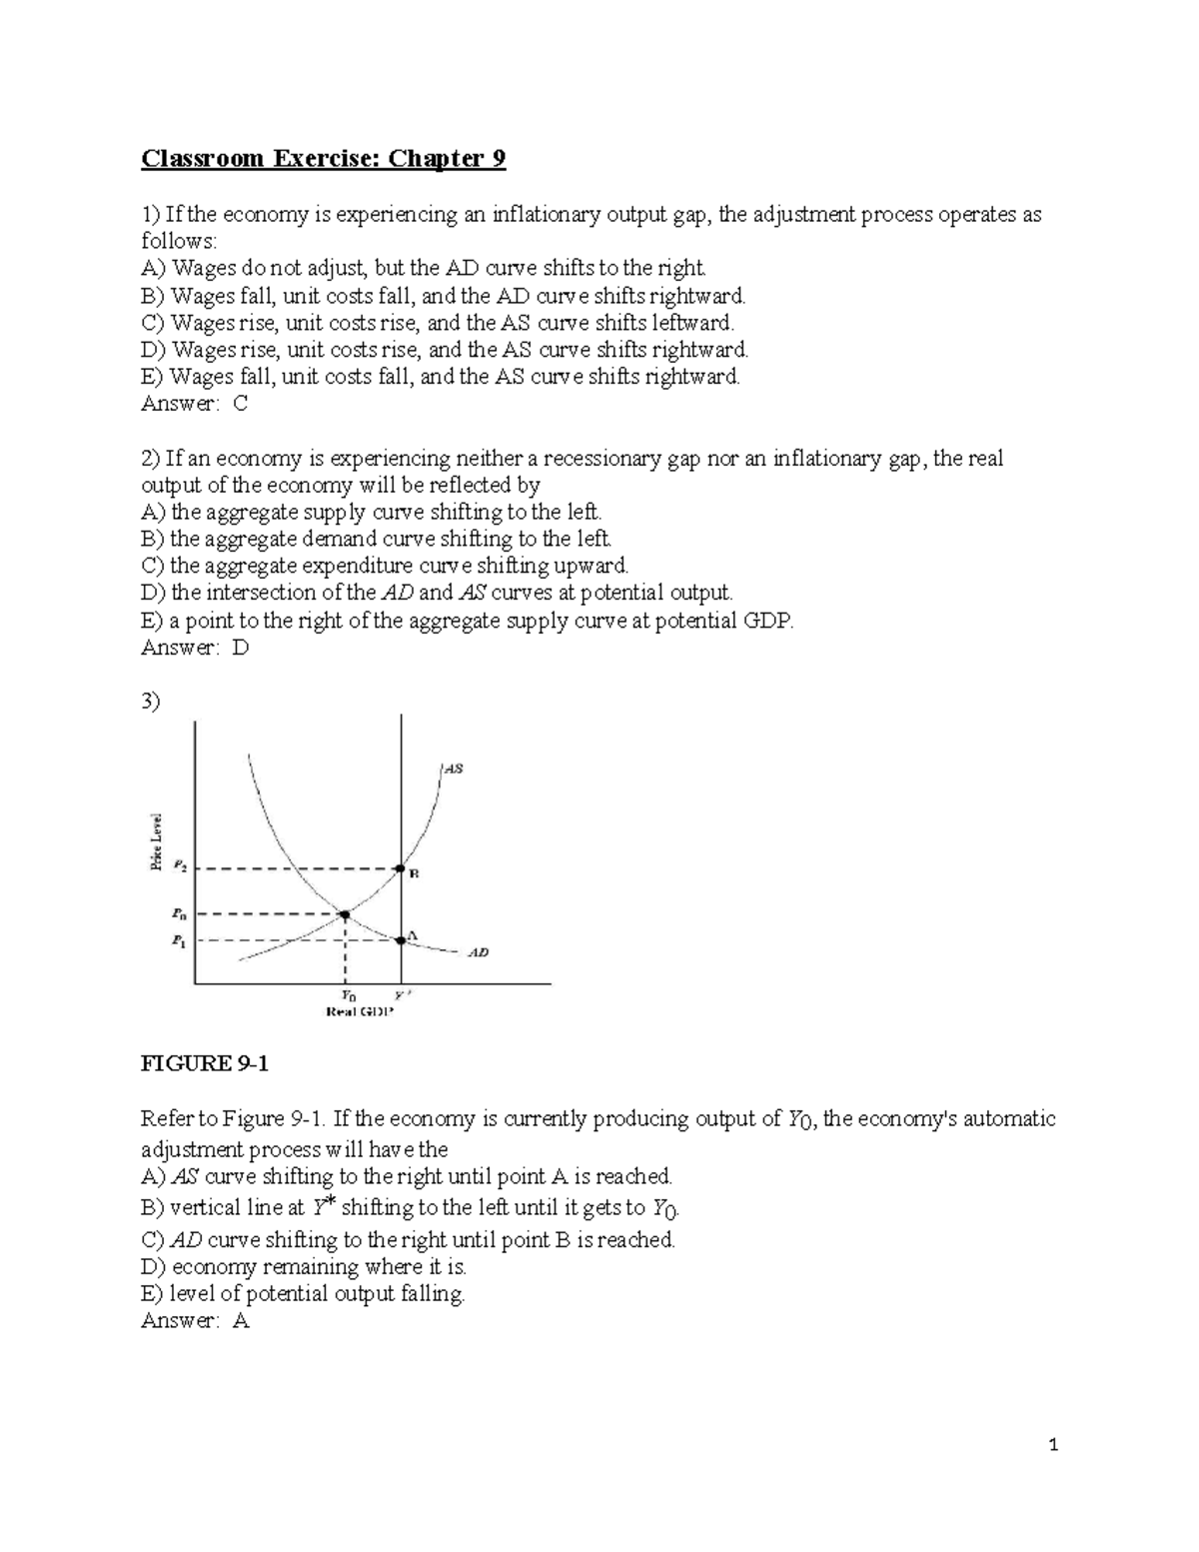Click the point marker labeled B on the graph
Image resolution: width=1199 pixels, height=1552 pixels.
tap(401, 868)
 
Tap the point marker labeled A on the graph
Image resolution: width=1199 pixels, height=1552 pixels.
tap(401, 939)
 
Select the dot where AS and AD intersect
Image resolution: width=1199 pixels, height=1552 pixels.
tap(345, 913)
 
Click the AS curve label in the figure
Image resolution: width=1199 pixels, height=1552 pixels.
tap(453, 769)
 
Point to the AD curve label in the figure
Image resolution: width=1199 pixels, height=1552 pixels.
tap(479, 952)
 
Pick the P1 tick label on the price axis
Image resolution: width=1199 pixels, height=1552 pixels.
tap(179, 940)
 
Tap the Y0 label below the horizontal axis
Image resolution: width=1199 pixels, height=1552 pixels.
tap(347, 995)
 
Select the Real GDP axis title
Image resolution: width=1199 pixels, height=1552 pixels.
tap(361, 1011)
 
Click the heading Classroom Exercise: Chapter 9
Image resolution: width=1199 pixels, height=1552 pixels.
tap(323, 159)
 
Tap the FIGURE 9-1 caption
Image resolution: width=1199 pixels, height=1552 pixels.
tap(205, 1063)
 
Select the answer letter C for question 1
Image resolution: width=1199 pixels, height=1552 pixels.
tap(240, 404)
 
